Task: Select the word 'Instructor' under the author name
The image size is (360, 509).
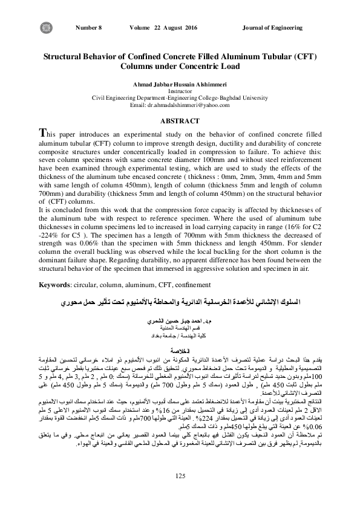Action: pyautogui.click(x=180, y=90)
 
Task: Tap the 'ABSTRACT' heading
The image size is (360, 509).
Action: pyautogui.click(x=180, y=121)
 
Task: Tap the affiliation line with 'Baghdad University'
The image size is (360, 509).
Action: pyautogui.click(x=180, y=97)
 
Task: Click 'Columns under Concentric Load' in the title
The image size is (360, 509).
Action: pyautogui.click(x=180, y=66)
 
